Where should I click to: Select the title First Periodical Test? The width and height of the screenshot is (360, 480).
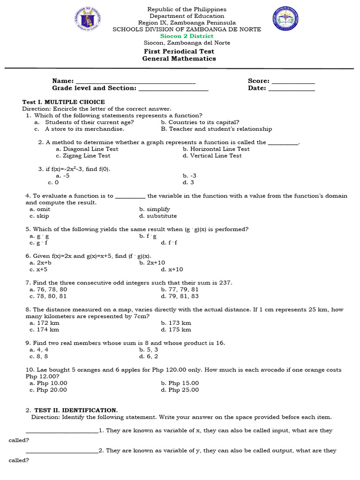(x=179, y=52)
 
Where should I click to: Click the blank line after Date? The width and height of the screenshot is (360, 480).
(x=291, y=89)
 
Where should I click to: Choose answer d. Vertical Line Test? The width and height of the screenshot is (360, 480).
(x=212, y=156)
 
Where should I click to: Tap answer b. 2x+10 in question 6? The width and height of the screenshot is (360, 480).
(x=152, y=263)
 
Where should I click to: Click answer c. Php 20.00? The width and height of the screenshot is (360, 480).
(x=48, y=390)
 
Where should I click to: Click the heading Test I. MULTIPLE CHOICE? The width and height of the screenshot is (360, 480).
(x=64, y=102)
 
